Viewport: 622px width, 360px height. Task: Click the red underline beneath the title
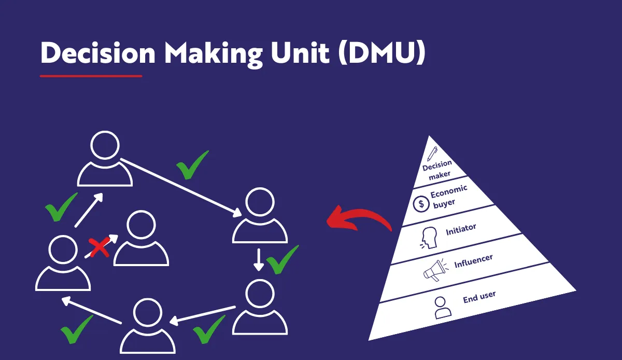(91, 76)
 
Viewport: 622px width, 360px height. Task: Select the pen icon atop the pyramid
(432, 154)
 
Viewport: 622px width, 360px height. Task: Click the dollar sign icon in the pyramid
(420, 204)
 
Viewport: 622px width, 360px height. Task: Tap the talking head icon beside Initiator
(429, 237)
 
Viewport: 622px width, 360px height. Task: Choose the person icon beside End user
(442, 307)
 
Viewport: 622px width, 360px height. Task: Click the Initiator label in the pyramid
(461, 230)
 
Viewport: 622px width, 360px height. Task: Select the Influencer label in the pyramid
(473, 261)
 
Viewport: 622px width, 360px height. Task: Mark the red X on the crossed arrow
(100, 248)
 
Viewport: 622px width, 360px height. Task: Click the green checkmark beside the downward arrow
(282, 259)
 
